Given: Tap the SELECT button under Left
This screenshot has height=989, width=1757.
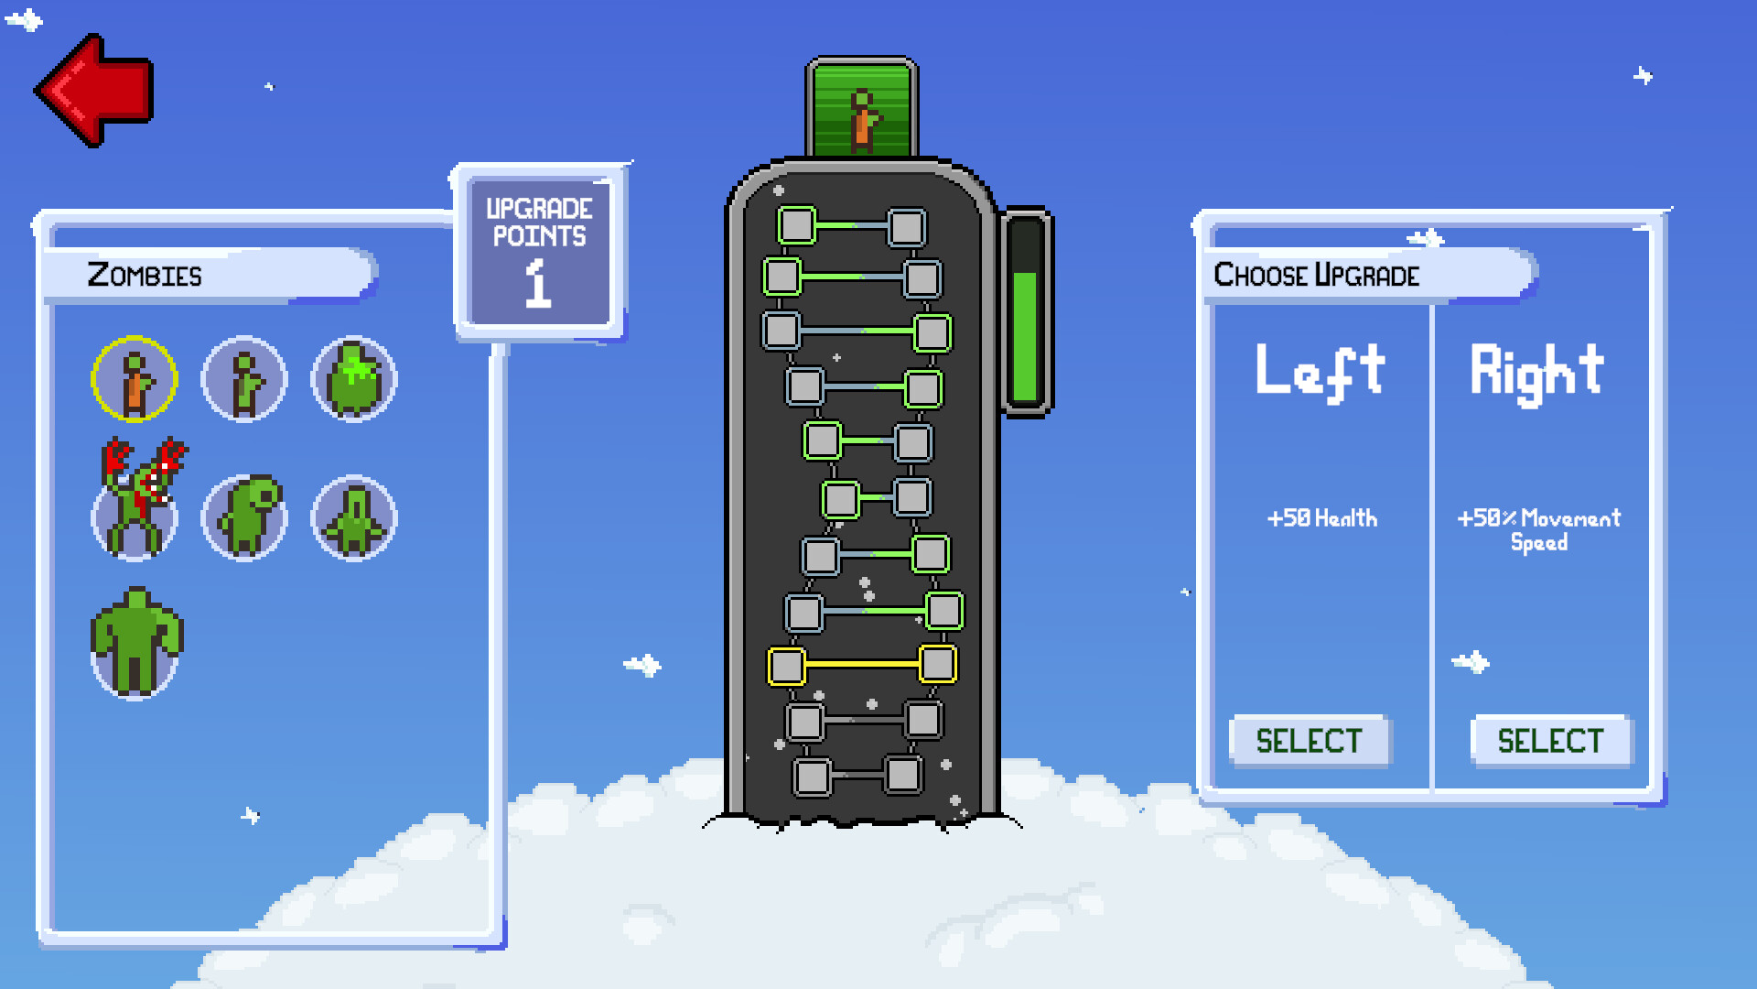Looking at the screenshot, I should point(1309,740).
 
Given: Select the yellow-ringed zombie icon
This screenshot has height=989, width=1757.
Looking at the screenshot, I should point(135,379).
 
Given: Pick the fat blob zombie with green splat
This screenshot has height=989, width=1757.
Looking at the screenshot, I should point(354,379).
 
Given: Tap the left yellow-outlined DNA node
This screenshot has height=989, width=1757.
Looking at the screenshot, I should point(786,667).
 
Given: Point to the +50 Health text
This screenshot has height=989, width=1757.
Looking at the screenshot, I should point(1321,518).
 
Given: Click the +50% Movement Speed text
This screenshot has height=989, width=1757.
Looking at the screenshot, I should point(1538,529).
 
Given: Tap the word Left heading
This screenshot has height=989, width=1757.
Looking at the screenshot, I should point(1320,372).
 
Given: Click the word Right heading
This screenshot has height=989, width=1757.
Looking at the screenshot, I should point(1537,372).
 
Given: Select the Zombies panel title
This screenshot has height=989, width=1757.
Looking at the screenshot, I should point(145,275).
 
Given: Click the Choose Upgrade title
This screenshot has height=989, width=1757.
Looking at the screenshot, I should point(1316,275).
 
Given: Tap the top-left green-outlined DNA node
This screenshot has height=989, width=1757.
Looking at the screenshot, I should point(797,225).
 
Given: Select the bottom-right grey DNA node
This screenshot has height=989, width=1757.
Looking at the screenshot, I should point(903,776).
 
